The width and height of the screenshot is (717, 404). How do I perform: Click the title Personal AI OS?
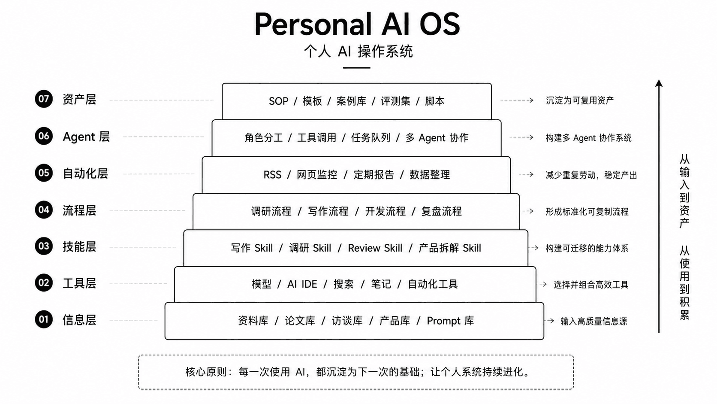tap(357, 24)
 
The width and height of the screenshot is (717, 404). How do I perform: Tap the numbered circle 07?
tap(44, 99)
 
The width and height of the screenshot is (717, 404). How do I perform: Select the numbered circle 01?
tap(44, 319)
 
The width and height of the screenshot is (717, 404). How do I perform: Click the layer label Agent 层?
tap(86, 137)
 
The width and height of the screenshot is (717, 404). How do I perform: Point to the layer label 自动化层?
tap(85, 173)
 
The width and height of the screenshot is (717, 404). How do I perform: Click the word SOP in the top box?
tap(278, 101)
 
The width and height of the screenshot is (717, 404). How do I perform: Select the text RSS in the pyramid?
tap(272, 175)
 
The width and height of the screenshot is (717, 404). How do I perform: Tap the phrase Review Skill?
tap(375, 248)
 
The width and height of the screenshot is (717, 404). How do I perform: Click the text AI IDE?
tap(302, 284)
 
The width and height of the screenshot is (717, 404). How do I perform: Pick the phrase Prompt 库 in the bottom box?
tap(450, 321)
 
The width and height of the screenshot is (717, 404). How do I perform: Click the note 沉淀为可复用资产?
tap(580, 100)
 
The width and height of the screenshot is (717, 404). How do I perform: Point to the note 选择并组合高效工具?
tap(591, 285)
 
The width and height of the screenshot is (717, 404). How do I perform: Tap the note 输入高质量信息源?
tap(594, 321)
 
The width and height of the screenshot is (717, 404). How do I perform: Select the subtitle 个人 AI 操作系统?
tap(358, 51)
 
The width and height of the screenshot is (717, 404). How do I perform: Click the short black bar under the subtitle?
tap(357, 67)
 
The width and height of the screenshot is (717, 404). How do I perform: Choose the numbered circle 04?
tap(44, 210)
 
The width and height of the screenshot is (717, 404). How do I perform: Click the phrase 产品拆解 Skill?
tap(450, 248)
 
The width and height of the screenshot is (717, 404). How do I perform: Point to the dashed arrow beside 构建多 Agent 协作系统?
tap(521, 137)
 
